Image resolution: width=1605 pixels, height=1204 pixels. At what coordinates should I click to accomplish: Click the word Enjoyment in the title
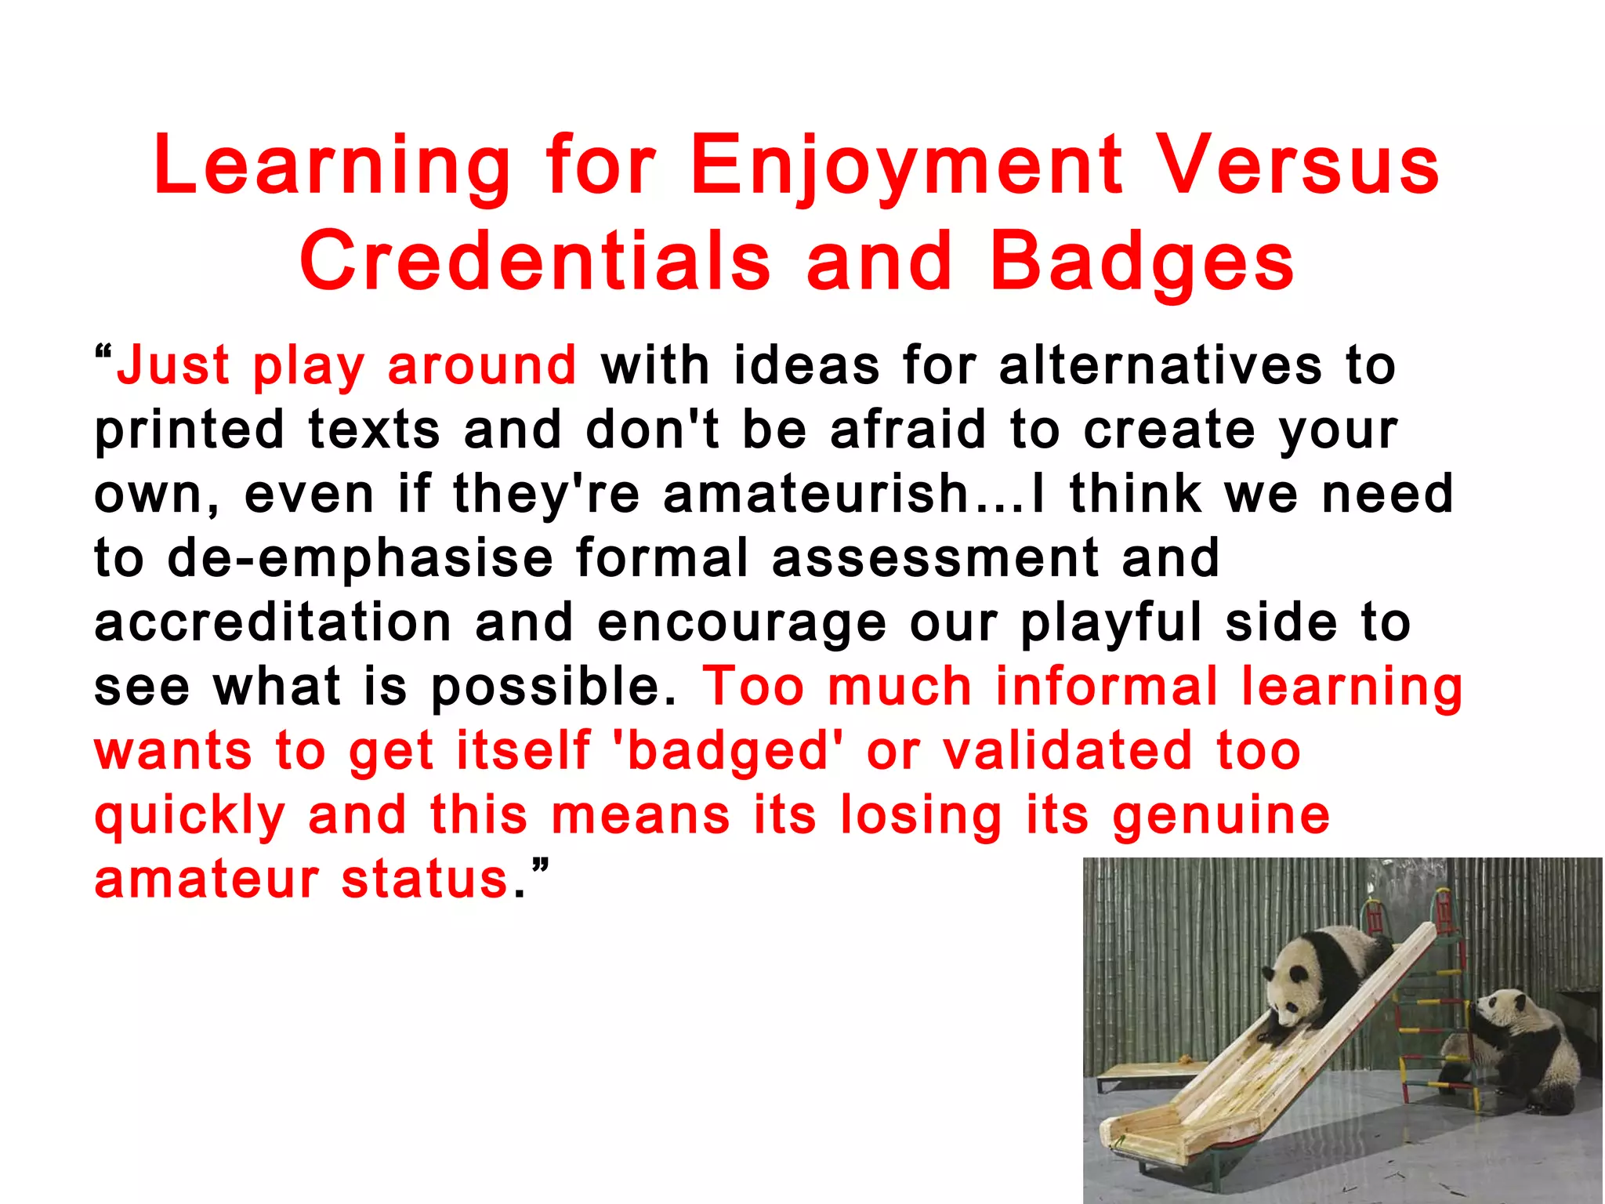(x=906, y=166)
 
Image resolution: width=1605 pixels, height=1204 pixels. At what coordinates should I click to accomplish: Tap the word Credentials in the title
(x=535, y=262)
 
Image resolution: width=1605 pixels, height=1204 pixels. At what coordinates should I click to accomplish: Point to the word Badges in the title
(x=1142, y=262)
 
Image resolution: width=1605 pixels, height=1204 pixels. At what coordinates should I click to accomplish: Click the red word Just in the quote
(x=173, y=366)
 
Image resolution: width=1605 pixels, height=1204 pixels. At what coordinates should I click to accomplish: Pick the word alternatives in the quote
(x=1160, y=366)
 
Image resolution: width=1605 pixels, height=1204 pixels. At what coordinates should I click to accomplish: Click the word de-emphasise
(x=360, y=559)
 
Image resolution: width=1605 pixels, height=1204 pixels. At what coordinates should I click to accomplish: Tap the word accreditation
(x=273, y=623)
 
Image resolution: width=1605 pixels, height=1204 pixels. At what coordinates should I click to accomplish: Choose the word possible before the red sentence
(x=553, y=687)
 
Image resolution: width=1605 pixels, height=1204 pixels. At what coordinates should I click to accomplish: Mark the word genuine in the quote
(x=1221, y=816)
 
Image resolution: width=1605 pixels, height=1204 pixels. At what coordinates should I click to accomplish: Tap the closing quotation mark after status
(x=540, y=867)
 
